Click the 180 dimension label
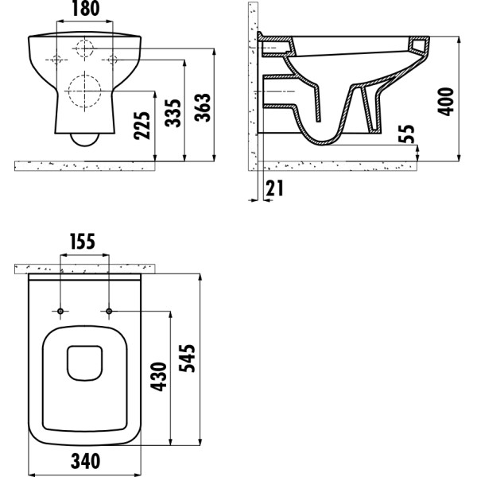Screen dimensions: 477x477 [86, 10]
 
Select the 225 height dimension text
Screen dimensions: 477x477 [144, 125]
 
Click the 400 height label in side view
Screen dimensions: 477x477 [448, 101]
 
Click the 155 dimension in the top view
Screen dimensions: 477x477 [84, 242]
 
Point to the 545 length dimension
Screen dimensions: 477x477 [188, 362]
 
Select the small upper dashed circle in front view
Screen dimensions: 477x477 [84, 47]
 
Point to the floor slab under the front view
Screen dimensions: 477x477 [84, 165]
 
